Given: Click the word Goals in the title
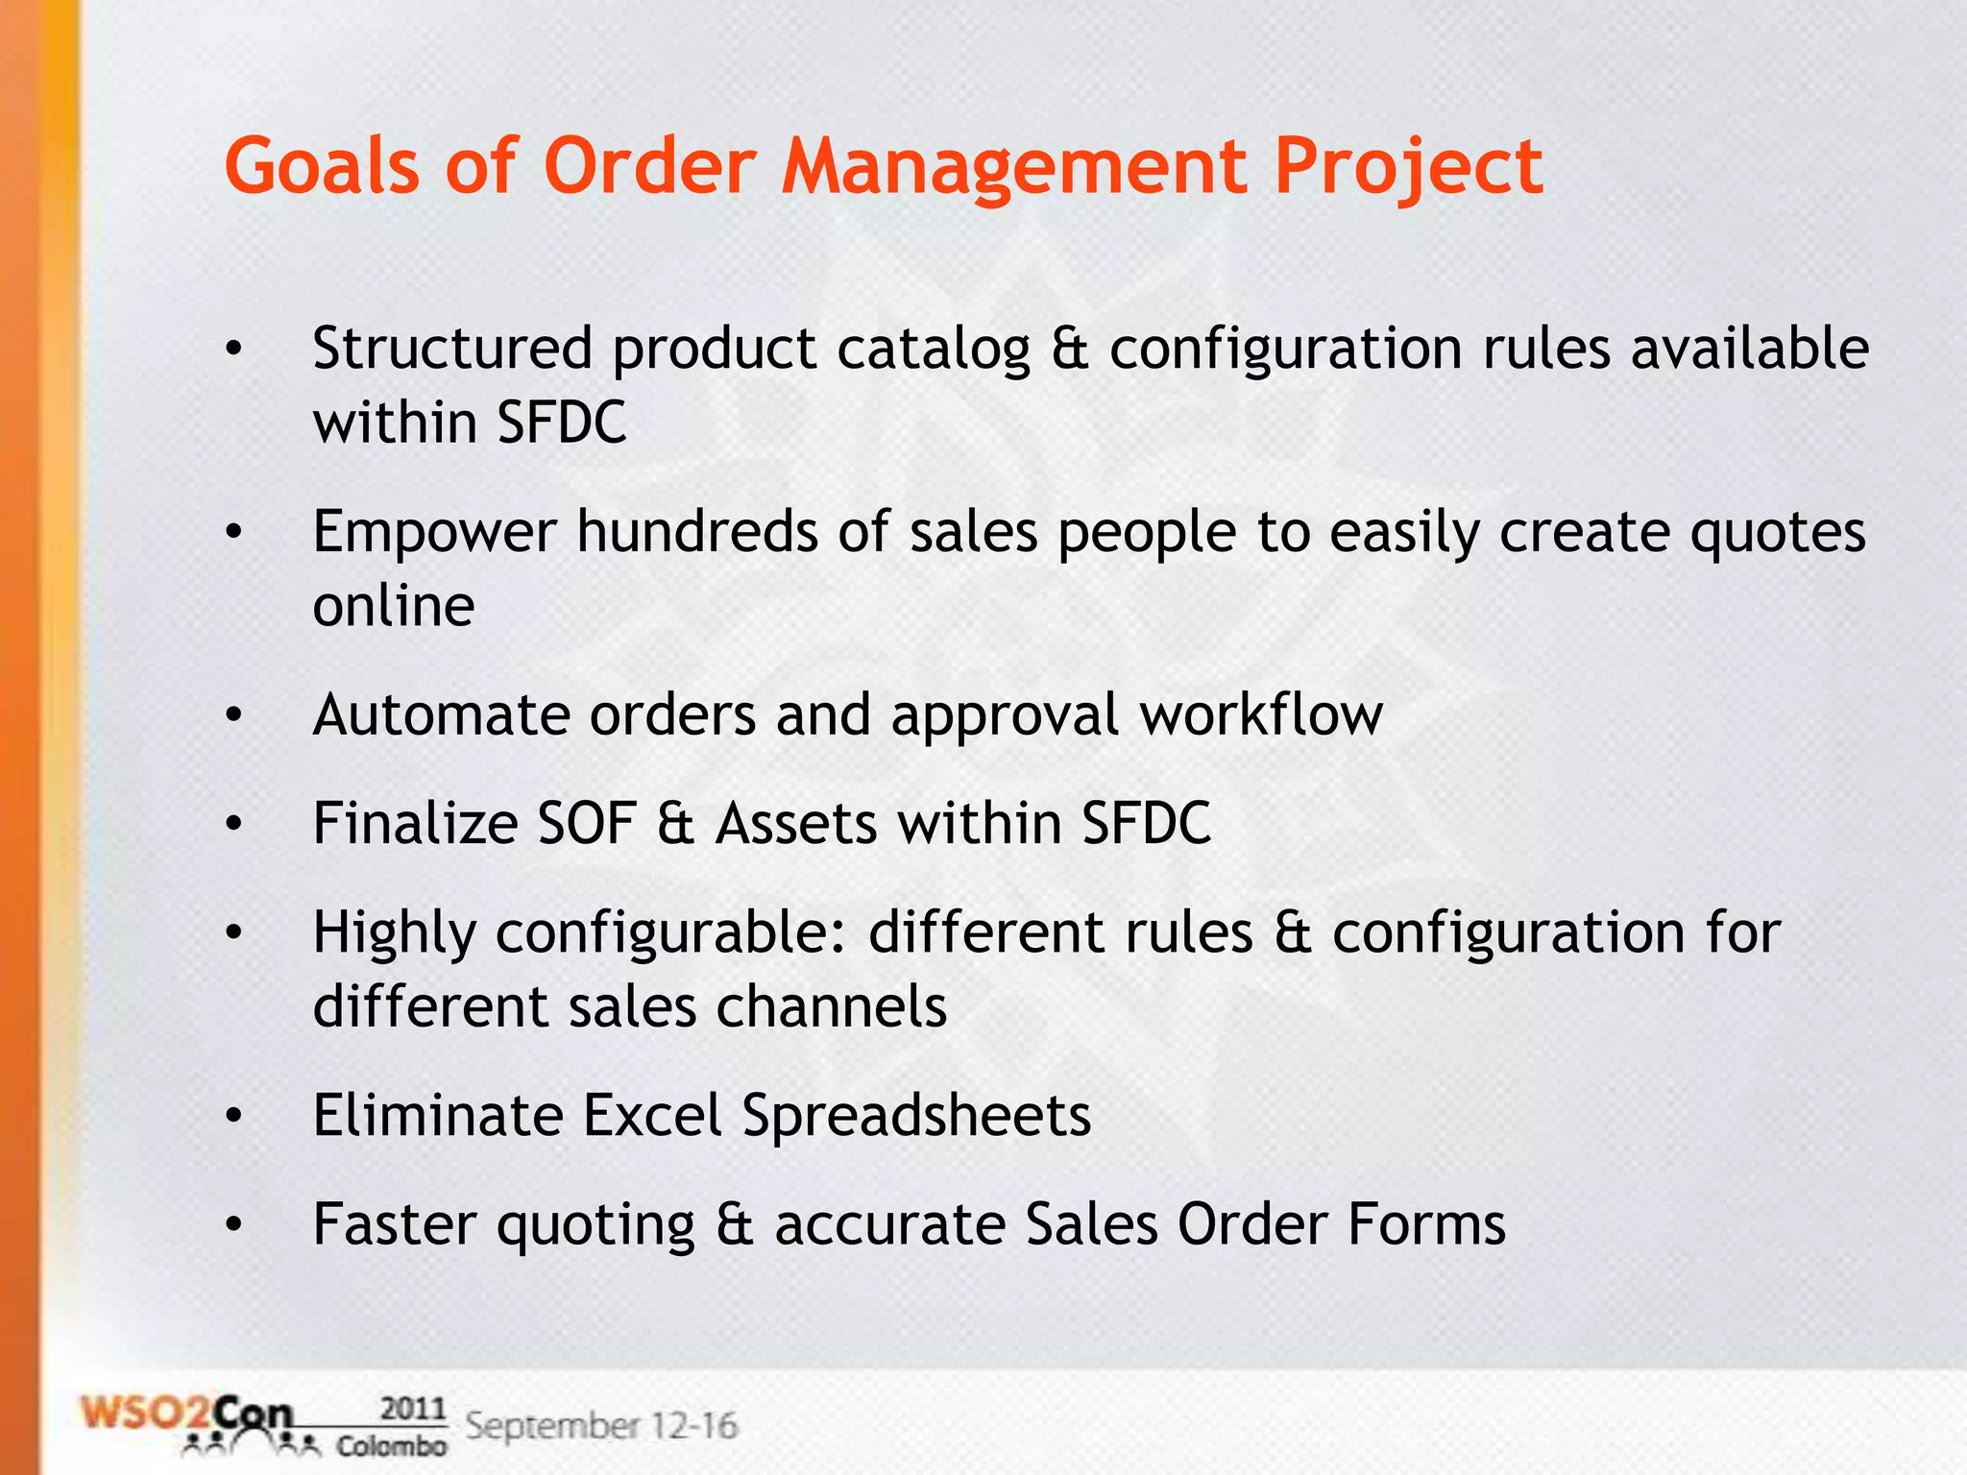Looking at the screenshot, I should pos(322,166).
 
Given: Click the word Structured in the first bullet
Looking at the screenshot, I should pos(451,348).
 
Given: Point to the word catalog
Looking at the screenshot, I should pos(933,350).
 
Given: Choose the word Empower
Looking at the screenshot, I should pos(434,533).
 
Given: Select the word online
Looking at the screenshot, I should pos(394,606).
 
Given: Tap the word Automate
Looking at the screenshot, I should pos(441,715).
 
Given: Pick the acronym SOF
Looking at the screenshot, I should pos(587,824).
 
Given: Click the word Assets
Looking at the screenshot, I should pos(796,824).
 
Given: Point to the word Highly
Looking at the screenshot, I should pos(394,934).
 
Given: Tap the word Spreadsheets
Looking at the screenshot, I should pos(916,1118).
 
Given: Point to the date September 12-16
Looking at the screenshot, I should pos(601,1425).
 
